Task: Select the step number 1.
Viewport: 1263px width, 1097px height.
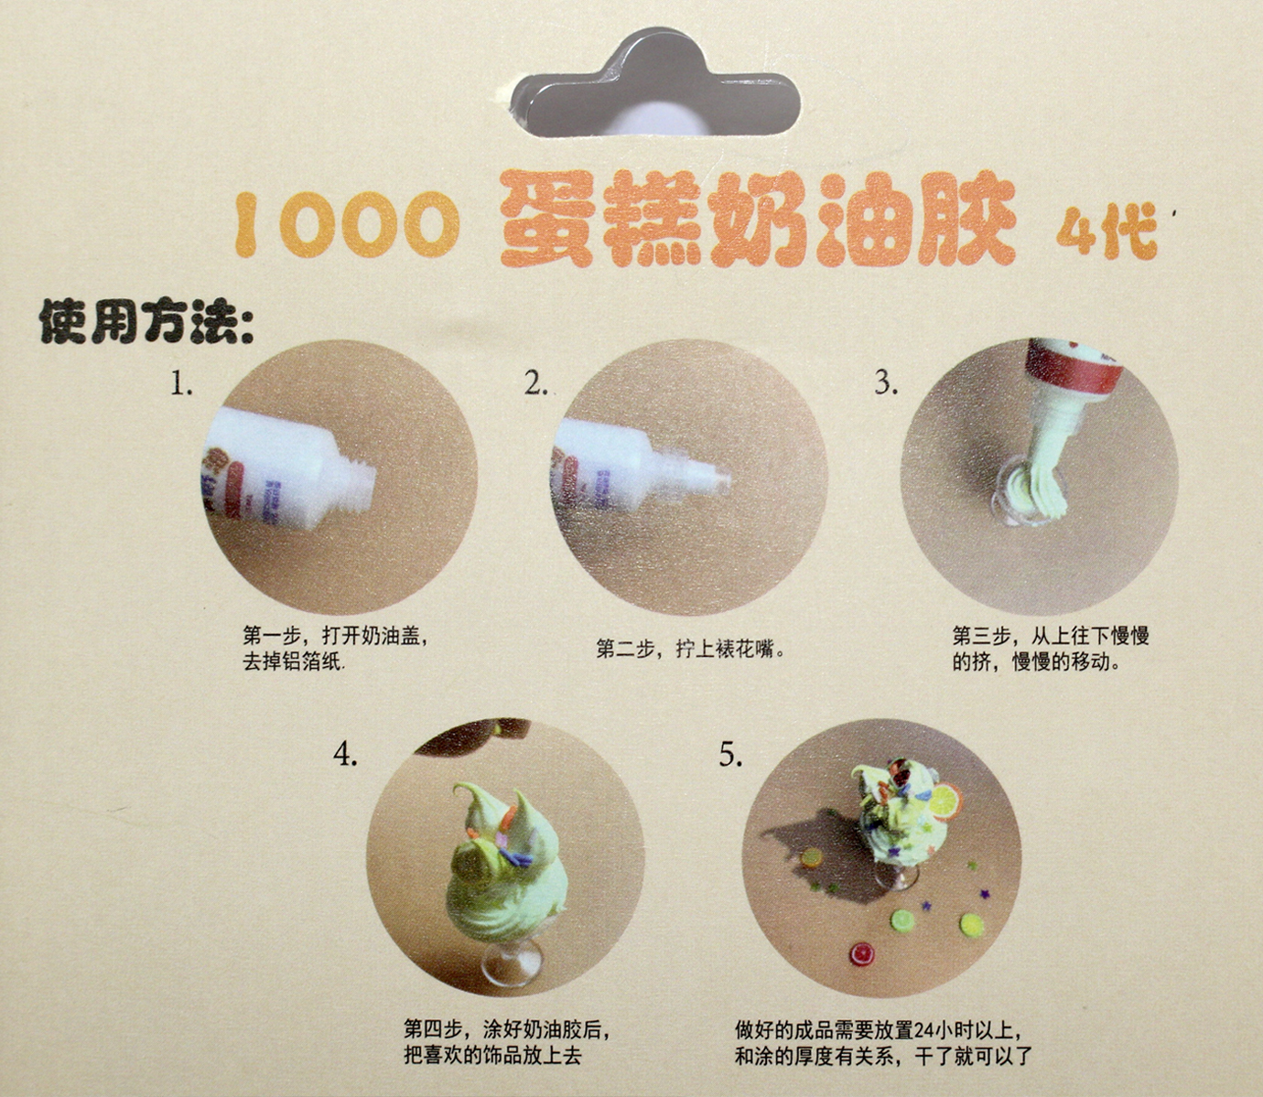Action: click(x=181, y=385)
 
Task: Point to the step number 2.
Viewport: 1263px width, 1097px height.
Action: click(x=535, y=384)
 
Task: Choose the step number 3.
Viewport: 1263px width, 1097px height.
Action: click(x=886, y=383)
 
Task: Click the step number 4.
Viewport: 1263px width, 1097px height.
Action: click(x=345, y=754)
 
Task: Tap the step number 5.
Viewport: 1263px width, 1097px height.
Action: click(x=730, y=755)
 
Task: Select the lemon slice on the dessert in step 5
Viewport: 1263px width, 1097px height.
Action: click(x=945, y=799)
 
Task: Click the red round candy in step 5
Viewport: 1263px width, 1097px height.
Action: click(x=863, y=953)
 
